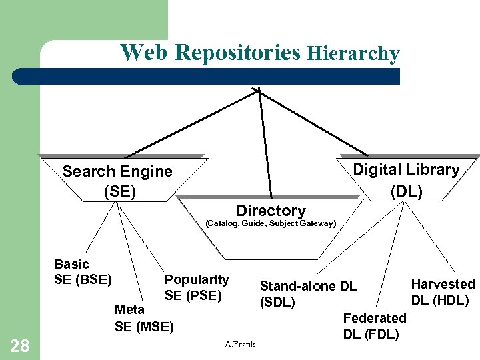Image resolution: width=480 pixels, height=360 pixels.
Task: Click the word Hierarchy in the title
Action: [x=353, y=54]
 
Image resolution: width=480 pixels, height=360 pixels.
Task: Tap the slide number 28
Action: [x=20, y=345]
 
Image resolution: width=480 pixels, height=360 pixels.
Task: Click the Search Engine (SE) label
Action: [x=117, y=181]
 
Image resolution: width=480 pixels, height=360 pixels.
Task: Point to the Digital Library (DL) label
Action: [x=406, y=180]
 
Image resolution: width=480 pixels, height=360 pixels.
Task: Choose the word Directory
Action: [x=271, y=211]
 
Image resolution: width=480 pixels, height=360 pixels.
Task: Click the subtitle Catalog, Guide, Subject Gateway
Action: [x=271, y=223]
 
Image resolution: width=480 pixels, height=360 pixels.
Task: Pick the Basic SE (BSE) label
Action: [x=83, y=271]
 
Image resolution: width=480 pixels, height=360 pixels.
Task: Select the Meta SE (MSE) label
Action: [x=143, y=318]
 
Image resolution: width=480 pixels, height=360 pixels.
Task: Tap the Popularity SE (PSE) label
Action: [x=196, y=287]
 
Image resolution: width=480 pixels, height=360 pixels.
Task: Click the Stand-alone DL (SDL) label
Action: [x=308, y=294]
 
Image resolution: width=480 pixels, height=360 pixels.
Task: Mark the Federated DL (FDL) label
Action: [x=374, y=325]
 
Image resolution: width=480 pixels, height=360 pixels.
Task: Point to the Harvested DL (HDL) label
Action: [x=443, y=292]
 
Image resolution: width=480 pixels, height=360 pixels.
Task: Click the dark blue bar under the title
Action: [x=220, y=76]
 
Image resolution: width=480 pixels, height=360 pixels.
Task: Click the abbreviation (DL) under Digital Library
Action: [x=406, y=191]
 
